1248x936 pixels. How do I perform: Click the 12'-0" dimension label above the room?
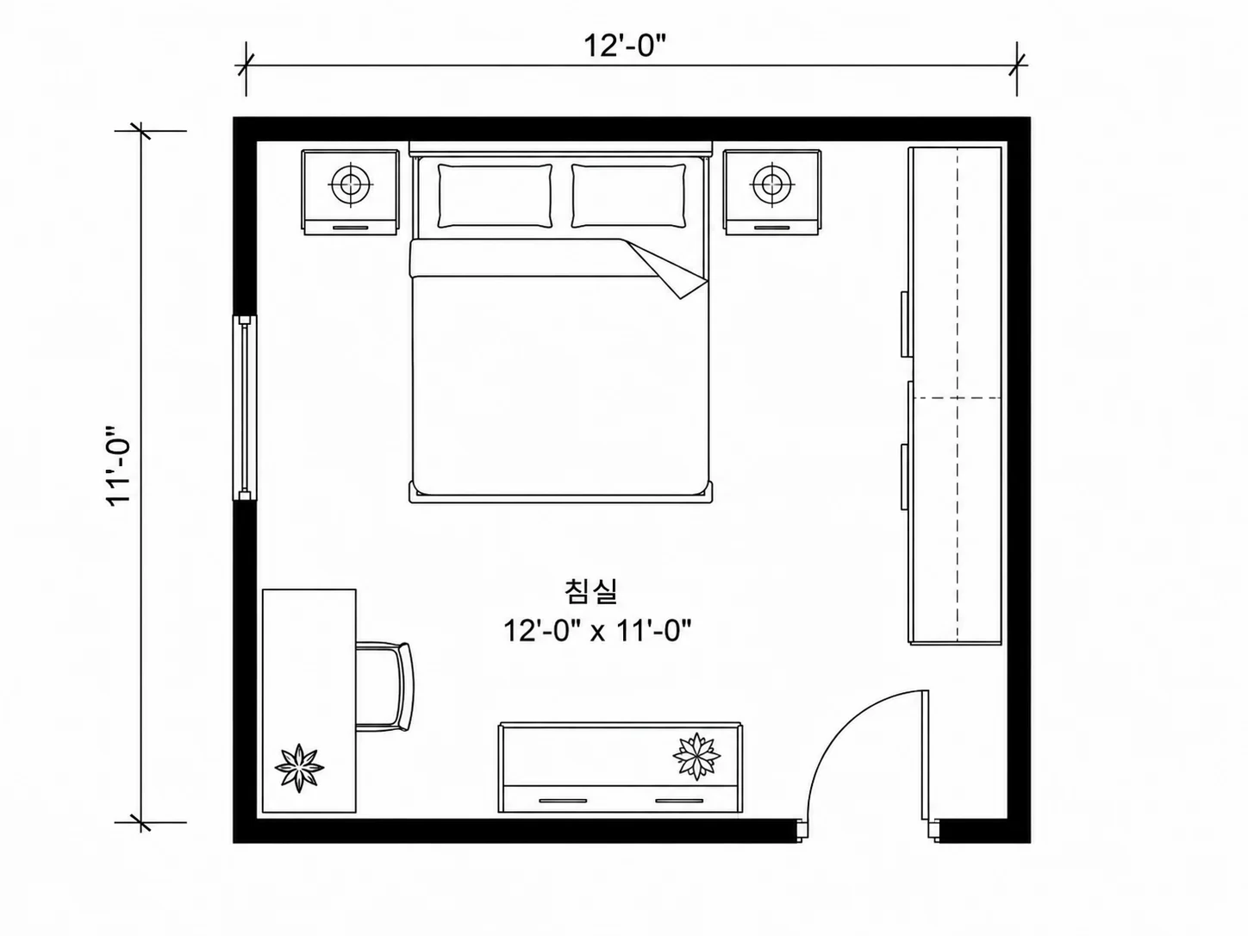pyautogui.click(x=624, y=46)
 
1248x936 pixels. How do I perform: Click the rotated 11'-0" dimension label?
pyautogui.click(x=119, y=466)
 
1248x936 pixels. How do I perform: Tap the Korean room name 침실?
pyautogui.click(x=590, y=591)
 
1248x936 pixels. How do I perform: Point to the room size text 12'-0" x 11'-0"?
pyautogui.click(x=597, y=631)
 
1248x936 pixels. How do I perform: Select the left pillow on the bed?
pyautogui.click(x=495, y=196)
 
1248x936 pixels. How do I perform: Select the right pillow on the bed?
pyautogui.click(x=628, y=196)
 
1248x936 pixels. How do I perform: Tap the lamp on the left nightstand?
pyautogui.click(x=351, y=184)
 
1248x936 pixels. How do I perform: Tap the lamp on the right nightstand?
pyautogui.click(x=771, y=184)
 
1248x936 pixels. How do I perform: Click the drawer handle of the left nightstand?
pyautogui.click(x=350, y=228)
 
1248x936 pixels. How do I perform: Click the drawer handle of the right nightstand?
pyautogui.click(x=771, y=228)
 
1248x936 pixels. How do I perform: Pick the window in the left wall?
pyautogui.click(x=245, y=408)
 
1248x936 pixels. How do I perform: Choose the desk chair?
pyautogui.click(x=384, y=687)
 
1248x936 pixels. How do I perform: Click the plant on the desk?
pyautogui.click(x=299, y=768)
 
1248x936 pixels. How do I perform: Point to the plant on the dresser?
pyautogui.click(x=696, y=756)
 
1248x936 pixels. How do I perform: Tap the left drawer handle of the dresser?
pyautogui.click(x=562, y=801)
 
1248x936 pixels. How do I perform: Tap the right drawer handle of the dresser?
pyautogui.click(x=679, y=801)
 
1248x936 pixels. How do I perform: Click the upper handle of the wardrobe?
pyautogui.click(x=904, y=324)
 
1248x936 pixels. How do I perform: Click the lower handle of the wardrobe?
pyautogui.click(x=904, y=477)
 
